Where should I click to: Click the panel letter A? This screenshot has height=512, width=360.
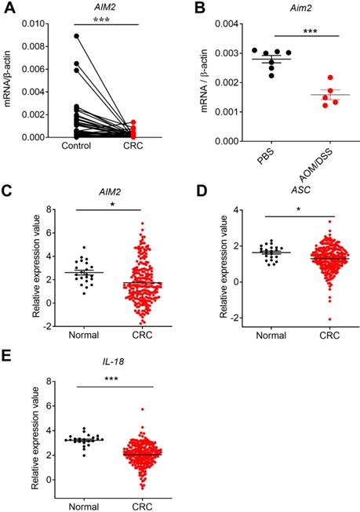[x=9, y=9]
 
